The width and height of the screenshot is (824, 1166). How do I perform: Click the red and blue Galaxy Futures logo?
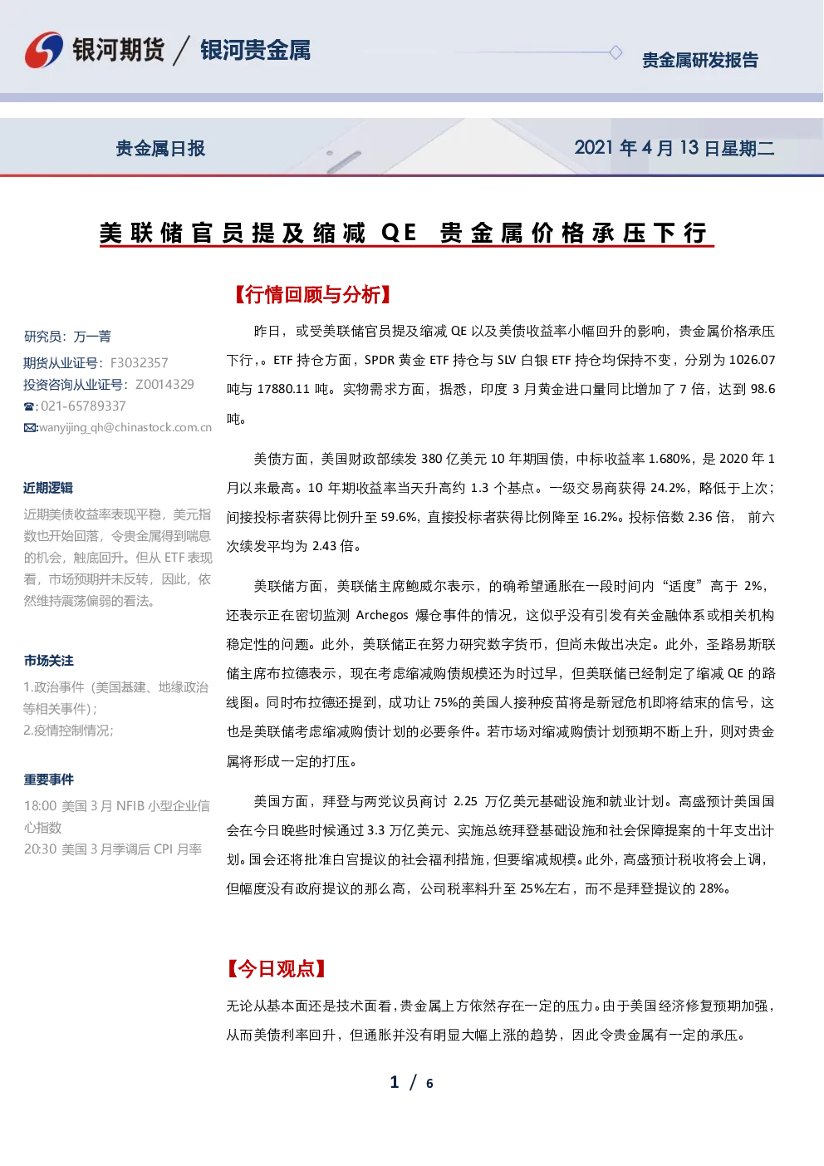[x=44, y=50]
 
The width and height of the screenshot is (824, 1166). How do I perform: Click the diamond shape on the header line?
[x=616, y=52]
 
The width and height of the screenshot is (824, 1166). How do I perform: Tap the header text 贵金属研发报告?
[x=699, y=61]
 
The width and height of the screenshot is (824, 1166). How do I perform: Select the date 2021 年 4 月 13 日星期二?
[x=674, y=148]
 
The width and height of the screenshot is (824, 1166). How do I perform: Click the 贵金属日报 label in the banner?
[x=160, y=149]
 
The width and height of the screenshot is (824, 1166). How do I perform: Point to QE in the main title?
[x=399, y=233]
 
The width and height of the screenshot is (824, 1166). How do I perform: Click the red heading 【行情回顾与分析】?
[x=312, y=295]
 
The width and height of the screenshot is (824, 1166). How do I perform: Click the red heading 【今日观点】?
[x=277, y=968]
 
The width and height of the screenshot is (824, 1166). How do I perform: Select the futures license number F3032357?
[x=139, y=363]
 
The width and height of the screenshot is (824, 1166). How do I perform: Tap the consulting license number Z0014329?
[x=164, y=384]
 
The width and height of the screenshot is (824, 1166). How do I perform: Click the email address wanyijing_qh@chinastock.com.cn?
[x=125, y=428]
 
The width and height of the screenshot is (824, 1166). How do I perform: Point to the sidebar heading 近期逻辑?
[x=48, y=488]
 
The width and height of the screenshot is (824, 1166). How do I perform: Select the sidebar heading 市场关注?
[x=48, y=661]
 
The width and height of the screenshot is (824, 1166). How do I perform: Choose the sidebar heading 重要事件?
[x=48, y=780]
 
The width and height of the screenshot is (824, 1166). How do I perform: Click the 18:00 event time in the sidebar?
[x=40, y=806]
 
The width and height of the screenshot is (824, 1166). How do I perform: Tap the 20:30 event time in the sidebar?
[x=40, y=849]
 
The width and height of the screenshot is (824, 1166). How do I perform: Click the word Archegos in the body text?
[x=382, y=615]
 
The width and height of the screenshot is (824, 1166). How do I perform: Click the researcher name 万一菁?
[x=92, y=337]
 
